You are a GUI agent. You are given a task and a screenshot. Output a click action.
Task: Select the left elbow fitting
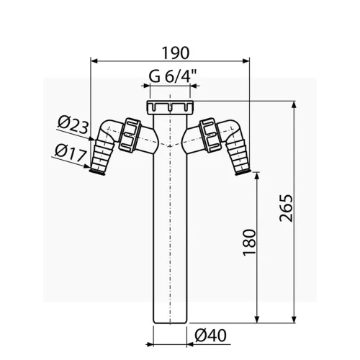[109, 134]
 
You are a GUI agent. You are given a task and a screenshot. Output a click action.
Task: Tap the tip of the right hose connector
[246, 171]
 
